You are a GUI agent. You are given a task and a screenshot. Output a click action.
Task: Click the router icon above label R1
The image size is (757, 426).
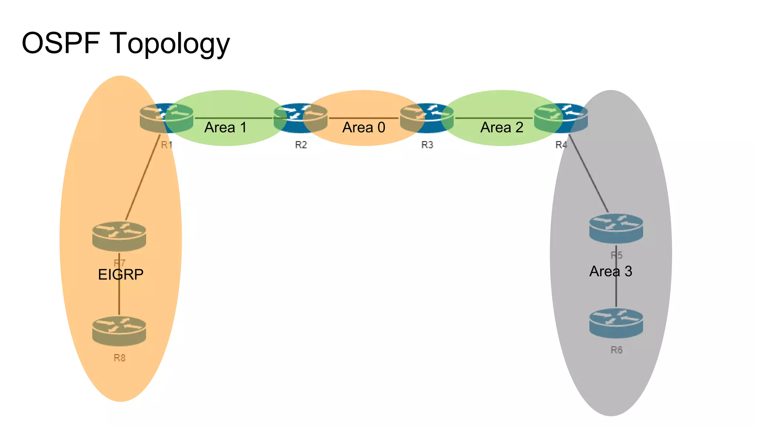tap(167, 118)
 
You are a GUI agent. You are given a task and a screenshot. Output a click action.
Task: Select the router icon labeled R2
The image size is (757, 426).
tap(301, 118)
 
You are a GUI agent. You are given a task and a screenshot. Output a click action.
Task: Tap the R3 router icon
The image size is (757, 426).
tap(427, 118)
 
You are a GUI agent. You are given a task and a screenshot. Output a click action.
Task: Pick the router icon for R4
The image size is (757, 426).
tap(561, 118)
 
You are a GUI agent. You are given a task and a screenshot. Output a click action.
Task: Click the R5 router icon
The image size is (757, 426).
tap(616, 229)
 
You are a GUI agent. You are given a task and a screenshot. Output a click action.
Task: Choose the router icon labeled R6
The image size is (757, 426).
tap(616, 323)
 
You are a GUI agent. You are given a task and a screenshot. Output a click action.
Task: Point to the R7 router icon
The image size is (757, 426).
tap(119, 236)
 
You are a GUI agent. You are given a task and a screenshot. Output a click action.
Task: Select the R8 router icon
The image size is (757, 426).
tap(119, 331)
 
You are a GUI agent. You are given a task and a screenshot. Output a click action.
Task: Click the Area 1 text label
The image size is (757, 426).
tap(225, 128)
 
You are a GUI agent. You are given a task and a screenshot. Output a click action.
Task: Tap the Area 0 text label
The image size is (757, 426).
tap(364, 128)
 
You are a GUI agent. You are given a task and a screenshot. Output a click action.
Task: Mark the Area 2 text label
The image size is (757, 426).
tap(502, 128)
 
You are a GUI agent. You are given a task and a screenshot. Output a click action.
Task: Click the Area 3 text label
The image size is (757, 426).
tap(611, 271)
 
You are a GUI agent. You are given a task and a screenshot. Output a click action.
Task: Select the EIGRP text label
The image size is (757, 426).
tap(120, 274)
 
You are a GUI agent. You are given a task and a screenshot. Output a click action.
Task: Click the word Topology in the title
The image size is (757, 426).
tap(170, 44)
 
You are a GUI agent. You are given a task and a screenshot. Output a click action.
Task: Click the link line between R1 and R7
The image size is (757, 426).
tap(143, 177)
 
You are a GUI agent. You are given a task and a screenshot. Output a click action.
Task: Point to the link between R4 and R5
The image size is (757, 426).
tap(588, 174)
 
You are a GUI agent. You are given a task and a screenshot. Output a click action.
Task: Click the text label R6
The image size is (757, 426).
tap(616, 350)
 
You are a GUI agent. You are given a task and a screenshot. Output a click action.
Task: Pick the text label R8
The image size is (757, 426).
tap(119, 358)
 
